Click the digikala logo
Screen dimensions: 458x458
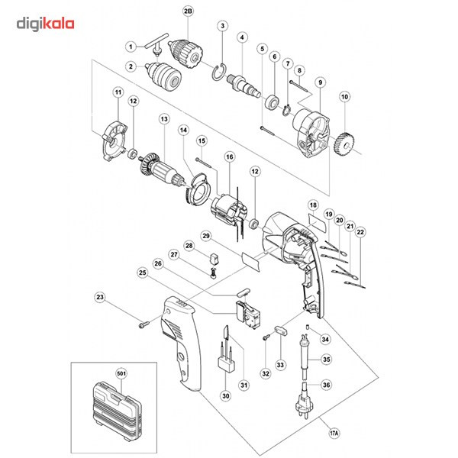[x=46, y=24]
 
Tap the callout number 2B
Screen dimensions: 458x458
[x=189, y=11]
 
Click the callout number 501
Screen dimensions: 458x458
[x=121, y=373]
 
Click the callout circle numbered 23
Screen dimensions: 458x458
[x=100, y=297]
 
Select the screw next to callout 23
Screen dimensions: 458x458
[x=143, y=323]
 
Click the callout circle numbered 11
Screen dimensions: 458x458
[x=118, y=93]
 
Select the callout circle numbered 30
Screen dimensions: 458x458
[x=225, y=395]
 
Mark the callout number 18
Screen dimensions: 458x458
[x=313, y=206]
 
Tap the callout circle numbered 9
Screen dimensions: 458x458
[x=320, y=82]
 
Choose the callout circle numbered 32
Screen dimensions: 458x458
[x=266, y=373]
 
